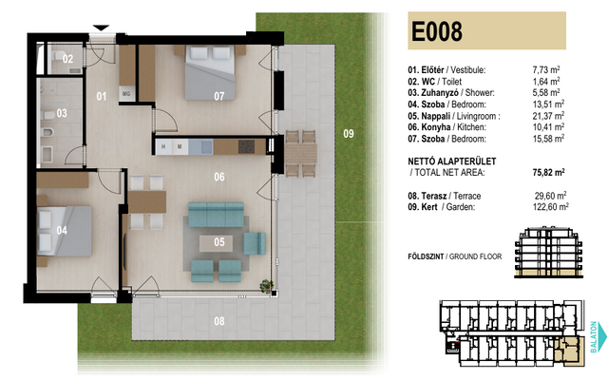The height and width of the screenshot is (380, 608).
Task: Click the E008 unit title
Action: click(x=437, y=31)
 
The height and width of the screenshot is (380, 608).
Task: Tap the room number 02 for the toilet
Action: click(x=67, y=59)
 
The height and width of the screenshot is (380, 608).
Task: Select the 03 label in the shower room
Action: click(x=62, y=113)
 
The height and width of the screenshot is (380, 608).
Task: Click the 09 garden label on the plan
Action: click(x=349, y=134)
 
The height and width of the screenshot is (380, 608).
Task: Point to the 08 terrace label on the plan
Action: click(x=219, y=321)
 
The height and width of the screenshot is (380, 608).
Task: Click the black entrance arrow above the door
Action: click(x=101, y=28)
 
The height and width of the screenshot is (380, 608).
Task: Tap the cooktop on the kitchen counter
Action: click(x=246, y=147)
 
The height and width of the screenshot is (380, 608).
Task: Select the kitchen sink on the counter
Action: click(x=207, y=147)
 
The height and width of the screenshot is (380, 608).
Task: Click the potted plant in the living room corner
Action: click(x=266, y=286)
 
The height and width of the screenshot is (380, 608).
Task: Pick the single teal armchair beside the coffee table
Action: click(x=255, y=243)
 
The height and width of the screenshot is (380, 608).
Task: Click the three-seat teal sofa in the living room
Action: click(x=216, y=215)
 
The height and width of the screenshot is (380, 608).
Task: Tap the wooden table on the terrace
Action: click(x=301, y=154)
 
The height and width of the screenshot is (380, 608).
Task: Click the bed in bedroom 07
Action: click(x=210, y=72)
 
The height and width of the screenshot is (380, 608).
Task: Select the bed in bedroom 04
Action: click(x=65, y=231)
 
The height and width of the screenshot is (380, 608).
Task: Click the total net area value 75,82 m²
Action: click(x=548, y=172)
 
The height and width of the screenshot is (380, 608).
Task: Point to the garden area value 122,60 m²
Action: click(x=551, y=207)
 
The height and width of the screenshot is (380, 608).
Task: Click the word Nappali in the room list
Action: click(x=436, y=116)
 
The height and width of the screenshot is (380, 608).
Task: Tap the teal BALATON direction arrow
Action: click(x=602, y=336)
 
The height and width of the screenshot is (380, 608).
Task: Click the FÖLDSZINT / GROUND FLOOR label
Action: click(x=454, y=256)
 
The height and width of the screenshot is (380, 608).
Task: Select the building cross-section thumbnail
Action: click(x=549, y=253)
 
